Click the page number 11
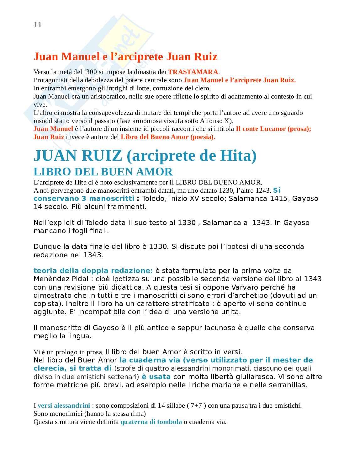[x=38, y=25]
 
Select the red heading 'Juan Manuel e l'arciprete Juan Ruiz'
[x=125, y=57]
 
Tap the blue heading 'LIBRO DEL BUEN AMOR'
[x=103, y=172]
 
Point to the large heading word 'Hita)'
[x=239, y=156]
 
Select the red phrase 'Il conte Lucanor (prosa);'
[x=273, y=129]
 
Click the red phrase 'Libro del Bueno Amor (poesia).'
[x=168, y=137]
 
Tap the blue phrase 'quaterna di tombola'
[x=151, y=422]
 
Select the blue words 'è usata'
[x=156, y=377]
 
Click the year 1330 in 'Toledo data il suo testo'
[x=187, y=223]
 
